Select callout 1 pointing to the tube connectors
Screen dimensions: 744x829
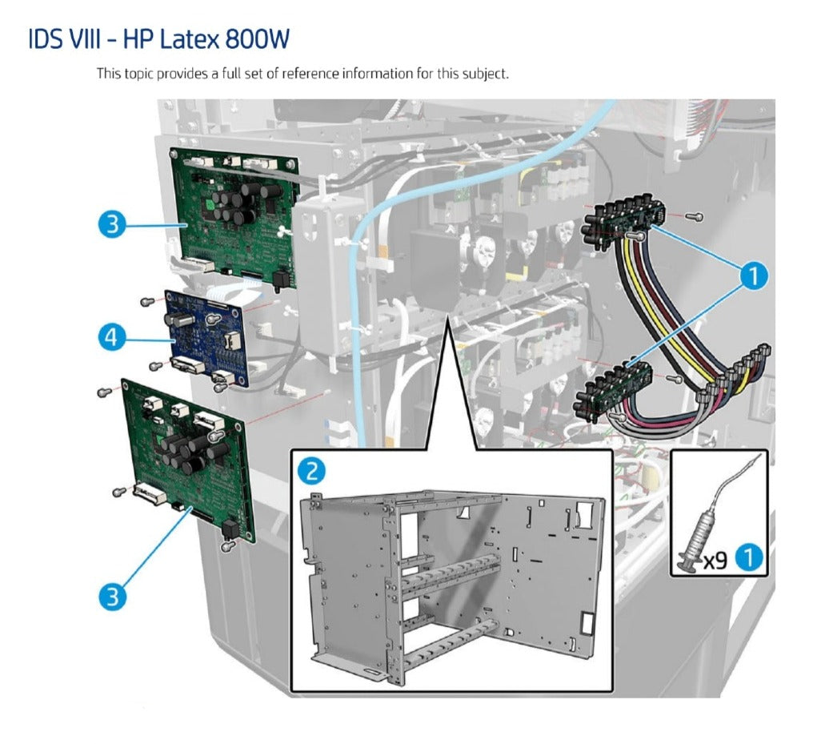(x=751, y=276)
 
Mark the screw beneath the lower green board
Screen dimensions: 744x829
(x=227, y=545)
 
